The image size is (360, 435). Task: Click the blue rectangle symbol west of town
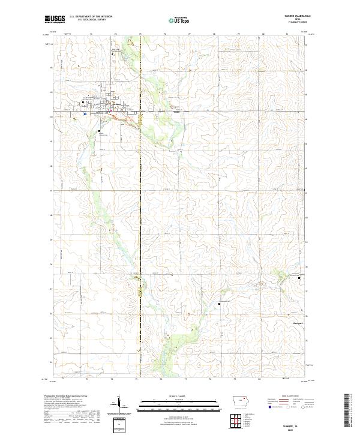click(x=86, y=113)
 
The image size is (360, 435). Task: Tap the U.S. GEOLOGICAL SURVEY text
click(x=88, y=21)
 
